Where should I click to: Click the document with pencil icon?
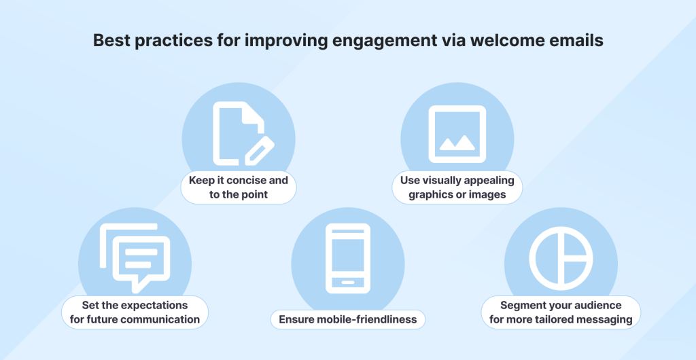point(243,133)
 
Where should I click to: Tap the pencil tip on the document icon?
point(249,162)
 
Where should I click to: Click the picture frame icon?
point(457,134)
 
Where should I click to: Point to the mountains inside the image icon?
point(457,143)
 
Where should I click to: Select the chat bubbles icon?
point(135,258)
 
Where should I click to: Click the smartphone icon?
point(348,258)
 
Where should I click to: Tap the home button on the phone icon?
point(348,283)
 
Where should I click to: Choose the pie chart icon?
point(561,258)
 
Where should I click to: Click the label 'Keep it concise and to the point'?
point(239,187)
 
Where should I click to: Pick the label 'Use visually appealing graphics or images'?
point(457,187)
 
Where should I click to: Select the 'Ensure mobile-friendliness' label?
point(348,319)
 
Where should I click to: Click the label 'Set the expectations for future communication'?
point(135,312)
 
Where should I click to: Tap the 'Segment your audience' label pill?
point(561,312)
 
